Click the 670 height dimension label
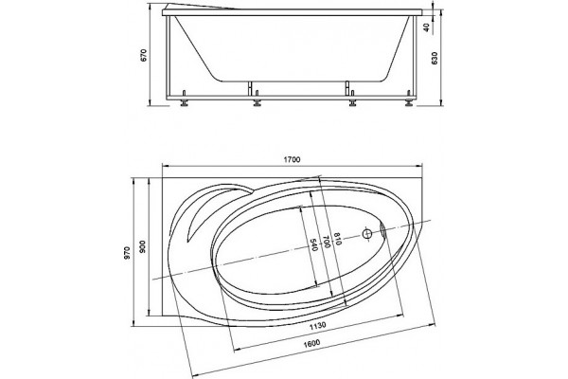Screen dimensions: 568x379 tap(144, 55)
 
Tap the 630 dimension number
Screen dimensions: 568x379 tap(435, 58)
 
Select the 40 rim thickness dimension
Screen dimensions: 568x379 tap(427, 27)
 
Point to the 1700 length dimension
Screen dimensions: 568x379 tap(293, 159)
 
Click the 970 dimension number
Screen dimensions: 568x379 tap(127, 252)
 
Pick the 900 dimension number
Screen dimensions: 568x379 tap(142, 246)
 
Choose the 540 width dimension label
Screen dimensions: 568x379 tap(313, 244)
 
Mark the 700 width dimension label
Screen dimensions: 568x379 tap(326, 242)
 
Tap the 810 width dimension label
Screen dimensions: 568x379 tap(338, 239)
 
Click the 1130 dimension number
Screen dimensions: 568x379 tap(318, 326)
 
